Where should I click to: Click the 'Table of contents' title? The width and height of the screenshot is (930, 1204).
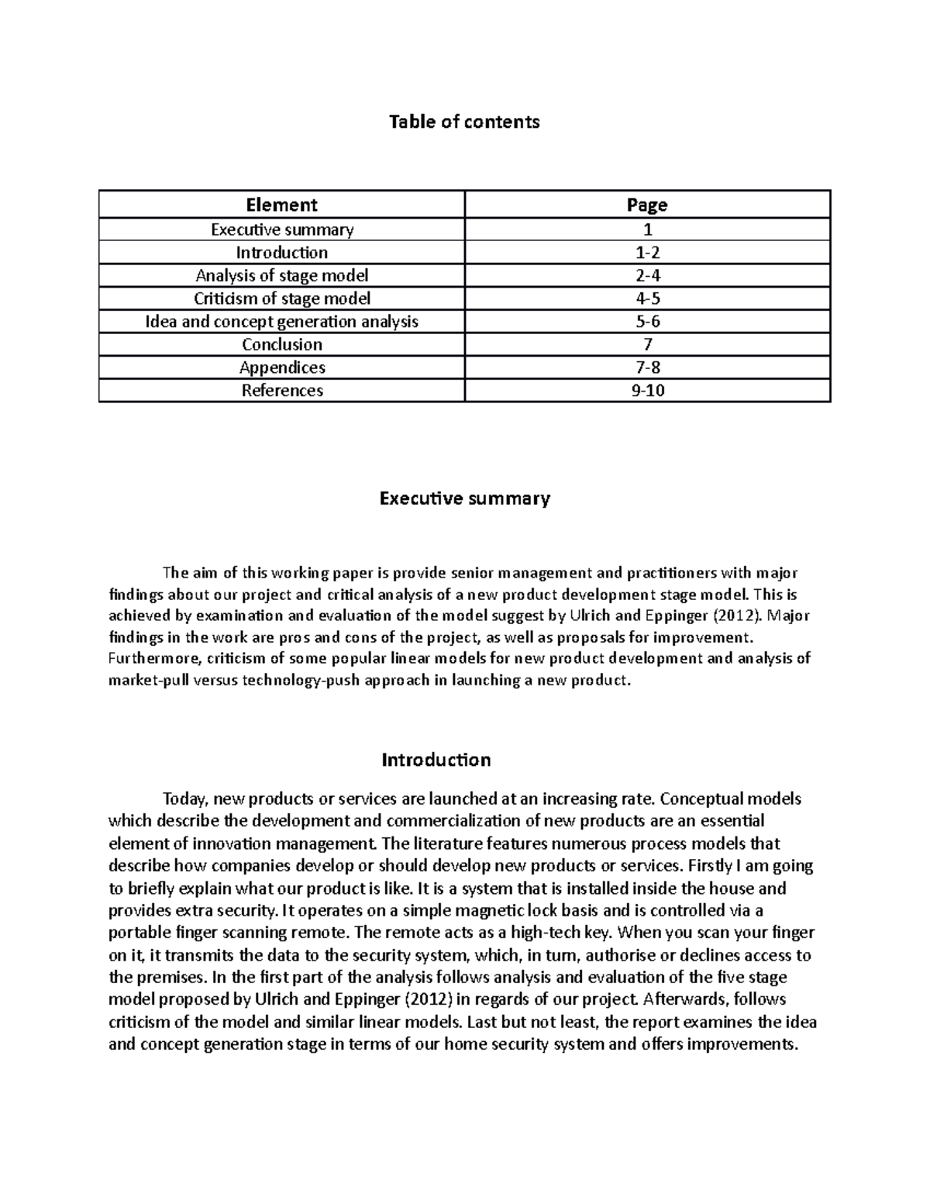[x=464, y=122]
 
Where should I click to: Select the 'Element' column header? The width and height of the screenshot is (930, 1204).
[x=281, y=205]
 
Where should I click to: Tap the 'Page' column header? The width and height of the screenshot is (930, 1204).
[x=647, y=205]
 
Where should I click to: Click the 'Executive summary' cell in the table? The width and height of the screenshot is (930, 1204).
[x=282, y=229]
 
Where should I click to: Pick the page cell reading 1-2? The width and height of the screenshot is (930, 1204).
[x=647, y=253]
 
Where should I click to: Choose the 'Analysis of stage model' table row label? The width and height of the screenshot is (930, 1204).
[x=282, y=275]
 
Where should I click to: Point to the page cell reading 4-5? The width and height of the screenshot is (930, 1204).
[x=647, y=298]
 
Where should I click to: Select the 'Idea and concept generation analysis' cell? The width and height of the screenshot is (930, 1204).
[x=282, y=321]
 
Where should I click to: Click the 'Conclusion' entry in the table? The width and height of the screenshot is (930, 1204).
[x=282, y=344]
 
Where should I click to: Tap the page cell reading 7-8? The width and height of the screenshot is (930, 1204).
[x=647, y=367]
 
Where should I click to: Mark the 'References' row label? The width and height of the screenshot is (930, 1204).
[x=282, y=390]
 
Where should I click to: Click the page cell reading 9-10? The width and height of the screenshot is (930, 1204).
[x=647, y=390]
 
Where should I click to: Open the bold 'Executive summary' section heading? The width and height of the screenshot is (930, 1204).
[x=464, y=498]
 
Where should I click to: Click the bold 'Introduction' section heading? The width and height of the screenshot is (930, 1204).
[x=436, y=760]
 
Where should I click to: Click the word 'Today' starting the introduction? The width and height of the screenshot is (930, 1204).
[x=184, y=799]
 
